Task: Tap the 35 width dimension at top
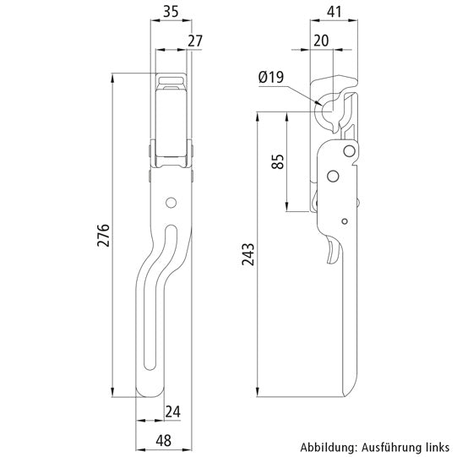click(170, 11)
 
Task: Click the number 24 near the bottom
click(174, 411)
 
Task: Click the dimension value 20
click(322, 41)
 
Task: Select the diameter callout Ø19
click(271, 78)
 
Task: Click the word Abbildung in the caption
click(324, 447)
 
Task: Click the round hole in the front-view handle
click(171, 202)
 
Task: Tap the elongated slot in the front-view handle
click(160, 296)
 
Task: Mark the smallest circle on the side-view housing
click(345, 220)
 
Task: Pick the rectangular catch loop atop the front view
click(171, 82)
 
